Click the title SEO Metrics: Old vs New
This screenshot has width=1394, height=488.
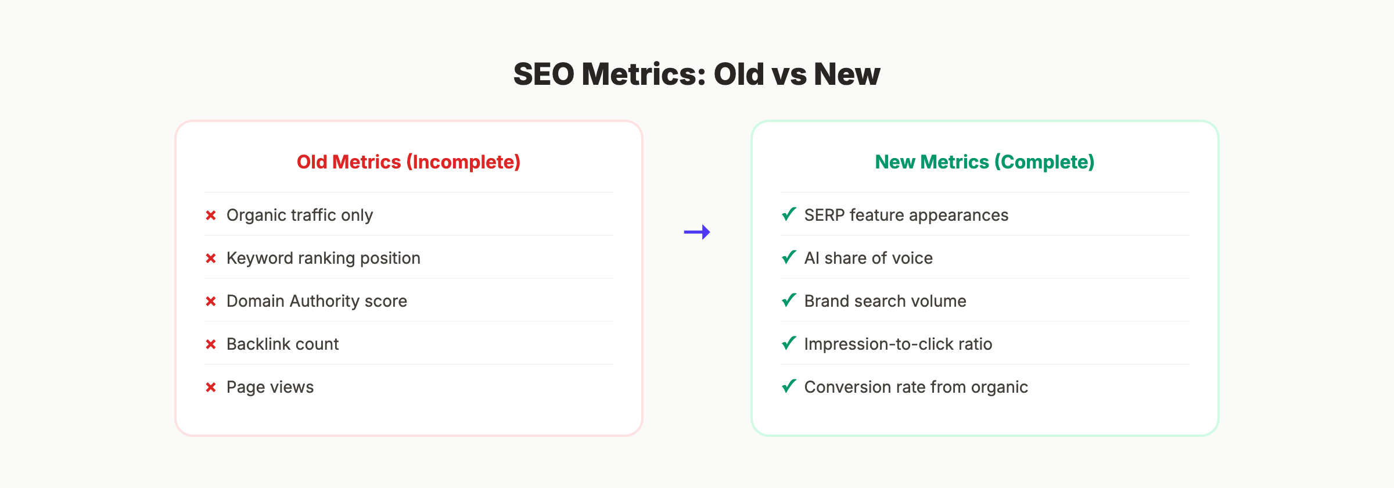click(696, 74)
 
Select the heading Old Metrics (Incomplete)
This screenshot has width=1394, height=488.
click(408, 162)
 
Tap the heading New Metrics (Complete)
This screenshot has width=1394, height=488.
click(985, 162)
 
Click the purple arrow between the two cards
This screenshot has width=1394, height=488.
click(697, 232)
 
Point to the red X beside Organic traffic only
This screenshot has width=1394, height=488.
click(211, 216)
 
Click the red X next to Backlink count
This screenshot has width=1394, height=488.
click(211, 345)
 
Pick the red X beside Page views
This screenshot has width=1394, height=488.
click(211, 387)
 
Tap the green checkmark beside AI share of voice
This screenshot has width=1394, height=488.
click(789, 257)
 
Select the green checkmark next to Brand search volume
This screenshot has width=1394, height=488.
click(789, 300)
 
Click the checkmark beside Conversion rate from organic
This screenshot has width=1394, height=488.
click(789, 386)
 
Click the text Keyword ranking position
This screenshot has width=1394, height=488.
click(323, 259)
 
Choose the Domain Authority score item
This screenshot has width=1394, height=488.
click(317, 302)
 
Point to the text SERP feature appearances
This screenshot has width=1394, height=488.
click(906, 216)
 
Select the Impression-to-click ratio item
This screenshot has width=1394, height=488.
click(898, 345)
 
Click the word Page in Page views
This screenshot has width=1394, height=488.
click(244, 387)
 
